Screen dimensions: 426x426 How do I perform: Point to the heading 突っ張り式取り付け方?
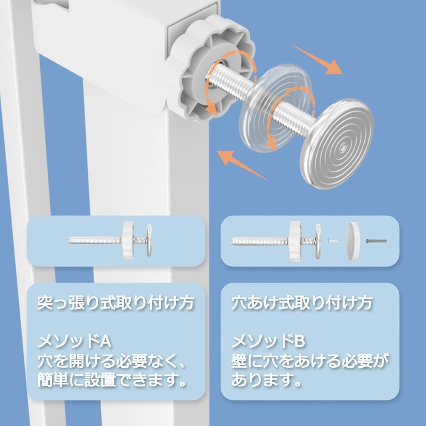point(116,304)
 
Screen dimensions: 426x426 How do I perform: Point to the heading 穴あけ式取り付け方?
point(302,304)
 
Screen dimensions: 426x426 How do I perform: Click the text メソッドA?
point(74,341)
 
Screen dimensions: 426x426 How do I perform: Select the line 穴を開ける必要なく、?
point(113,361)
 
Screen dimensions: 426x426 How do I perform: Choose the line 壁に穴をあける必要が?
point(310,361)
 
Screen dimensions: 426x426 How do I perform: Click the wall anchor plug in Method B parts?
point(377,241)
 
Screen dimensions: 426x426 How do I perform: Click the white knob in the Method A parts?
point(128,240)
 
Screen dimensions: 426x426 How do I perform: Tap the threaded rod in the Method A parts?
point(96,240)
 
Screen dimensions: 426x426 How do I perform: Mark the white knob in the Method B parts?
point(296,240)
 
